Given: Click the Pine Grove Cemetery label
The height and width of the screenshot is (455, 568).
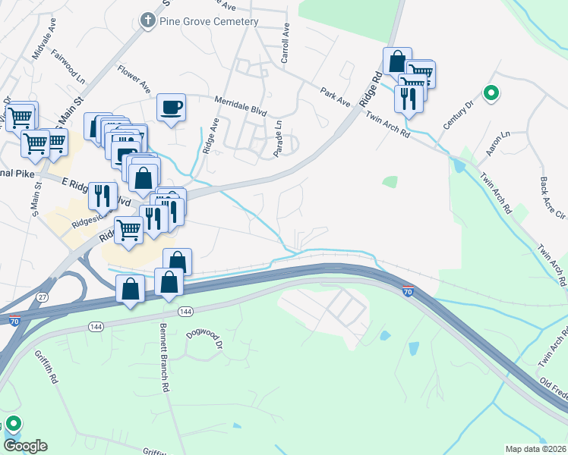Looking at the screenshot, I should tap(209, 21).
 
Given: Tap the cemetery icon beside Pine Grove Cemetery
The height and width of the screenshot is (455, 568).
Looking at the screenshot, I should tap(149, 21).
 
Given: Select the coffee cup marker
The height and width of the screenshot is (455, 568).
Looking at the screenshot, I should tap(172, 107).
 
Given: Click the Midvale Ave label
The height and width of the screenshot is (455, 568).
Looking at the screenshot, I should tap(41, 49).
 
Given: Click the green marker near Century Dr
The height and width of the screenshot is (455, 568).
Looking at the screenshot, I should tap(491, 93).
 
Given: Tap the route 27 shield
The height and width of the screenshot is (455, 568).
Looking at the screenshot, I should tap(42, 297).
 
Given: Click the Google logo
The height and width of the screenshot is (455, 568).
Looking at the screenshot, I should tap(25, 446).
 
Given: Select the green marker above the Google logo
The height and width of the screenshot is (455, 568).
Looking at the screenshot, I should tap(12, 424).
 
